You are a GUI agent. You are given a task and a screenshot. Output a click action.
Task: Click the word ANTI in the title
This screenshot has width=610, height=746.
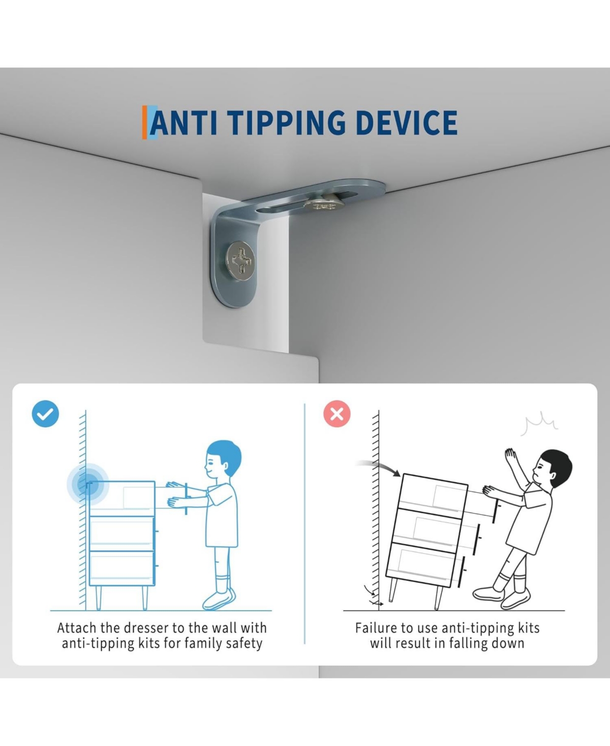184,123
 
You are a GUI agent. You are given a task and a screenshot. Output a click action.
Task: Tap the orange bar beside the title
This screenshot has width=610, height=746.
144,122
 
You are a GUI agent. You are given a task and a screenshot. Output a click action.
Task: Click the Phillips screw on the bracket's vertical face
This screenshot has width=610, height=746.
240,261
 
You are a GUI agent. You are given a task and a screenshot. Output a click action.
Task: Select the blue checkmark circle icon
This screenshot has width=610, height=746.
45,414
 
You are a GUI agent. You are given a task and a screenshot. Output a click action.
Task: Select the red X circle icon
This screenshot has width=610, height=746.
337,414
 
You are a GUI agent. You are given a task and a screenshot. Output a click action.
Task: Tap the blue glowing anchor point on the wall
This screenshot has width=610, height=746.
87,484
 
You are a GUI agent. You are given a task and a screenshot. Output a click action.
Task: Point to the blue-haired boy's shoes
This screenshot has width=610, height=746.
219,598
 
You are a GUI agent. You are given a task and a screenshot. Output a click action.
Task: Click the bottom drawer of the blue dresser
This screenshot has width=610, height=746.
122,568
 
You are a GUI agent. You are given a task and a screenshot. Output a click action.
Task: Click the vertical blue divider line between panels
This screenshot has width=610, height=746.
304,524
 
